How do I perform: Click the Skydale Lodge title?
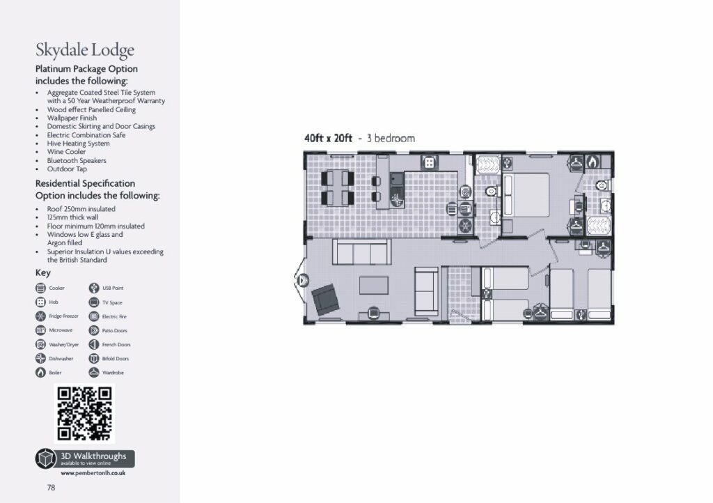point(85,50)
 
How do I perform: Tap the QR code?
point(84,414)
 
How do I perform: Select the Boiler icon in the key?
point(40,373)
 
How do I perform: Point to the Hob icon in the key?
point(40,302)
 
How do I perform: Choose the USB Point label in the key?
point(113,288)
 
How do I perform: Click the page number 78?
point(51,488)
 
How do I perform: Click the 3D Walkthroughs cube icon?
point(46,458)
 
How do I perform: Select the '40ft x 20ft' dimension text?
point(329,138)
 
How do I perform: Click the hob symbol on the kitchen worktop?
point(430,162)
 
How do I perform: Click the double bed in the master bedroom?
point(526,195)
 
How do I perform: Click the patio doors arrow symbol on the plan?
point(303,280)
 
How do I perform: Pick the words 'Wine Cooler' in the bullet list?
point(67,152)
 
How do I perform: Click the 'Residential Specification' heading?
point(86,184)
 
